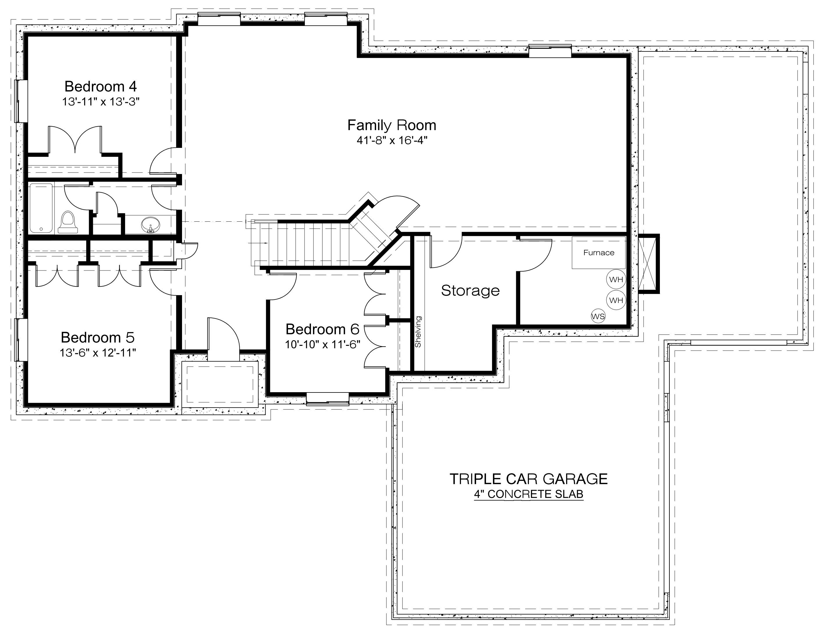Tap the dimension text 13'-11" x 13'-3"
(100, 102)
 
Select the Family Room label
(392, 126)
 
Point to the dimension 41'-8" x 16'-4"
(392, 141)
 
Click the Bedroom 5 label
(98, 337)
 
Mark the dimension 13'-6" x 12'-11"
(98, 353)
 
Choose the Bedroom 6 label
(322, 329)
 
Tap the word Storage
(471, 290)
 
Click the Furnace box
(599, 252)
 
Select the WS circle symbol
(598, 316)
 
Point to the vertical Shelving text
(418, 332)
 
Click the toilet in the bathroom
(68, 222)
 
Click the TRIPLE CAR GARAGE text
(528, 479)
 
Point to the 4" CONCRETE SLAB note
(528, 494)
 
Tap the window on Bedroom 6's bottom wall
(327, 399)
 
